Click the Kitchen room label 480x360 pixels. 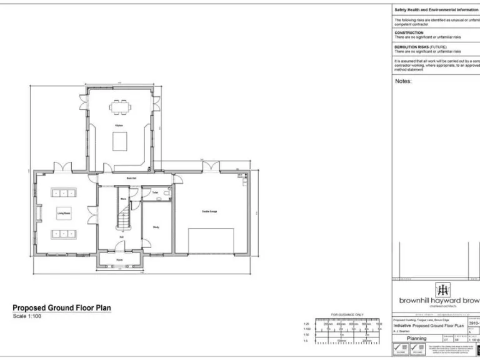[119, 126]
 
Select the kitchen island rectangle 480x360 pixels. [119, 142]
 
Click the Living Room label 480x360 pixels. [64, 213]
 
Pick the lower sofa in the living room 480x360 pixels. [63, 234]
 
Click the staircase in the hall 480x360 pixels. [124, 216]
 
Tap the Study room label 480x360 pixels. [156, 227]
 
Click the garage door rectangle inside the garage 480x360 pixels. [211, 241]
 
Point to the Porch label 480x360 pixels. [119, 260]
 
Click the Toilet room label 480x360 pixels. [154, 192]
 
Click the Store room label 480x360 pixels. [123, 199]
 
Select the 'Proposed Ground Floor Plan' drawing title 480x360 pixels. [62, 308]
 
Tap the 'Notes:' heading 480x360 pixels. [403, 81]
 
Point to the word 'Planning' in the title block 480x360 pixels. [417, 338]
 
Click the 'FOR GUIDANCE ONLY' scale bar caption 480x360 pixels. [347, 314]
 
